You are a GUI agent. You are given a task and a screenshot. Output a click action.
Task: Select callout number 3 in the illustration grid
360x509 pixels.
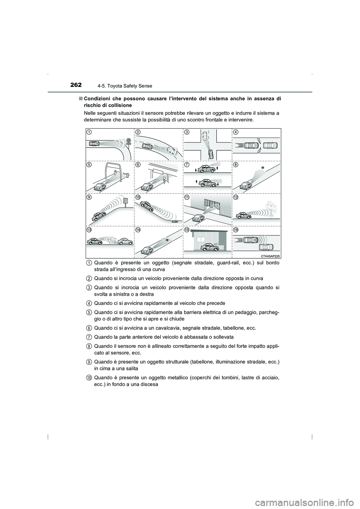pyautogui.click(x=187, y=132)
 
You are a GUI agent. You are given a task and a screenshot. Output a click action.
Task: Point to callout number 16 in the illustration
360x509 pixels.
pyautogui.click(x=235, y=230)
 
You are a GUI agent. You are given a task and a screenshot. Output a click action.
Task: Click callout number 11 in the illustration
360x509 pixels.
pyautogui.click(x=187, y=197)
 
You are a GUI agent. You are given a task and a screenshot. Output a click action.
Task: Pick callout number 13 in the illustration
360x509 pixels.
pyautogui.click(x=89, y=230)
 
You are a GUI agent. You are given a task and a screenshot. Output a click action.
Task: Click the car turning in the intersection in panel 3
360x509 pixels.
pyautogui.click(x=210, y=154)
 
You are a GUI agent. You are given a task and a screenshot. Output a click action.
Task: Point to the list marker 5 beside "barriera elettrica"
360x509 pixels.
pyautogui.click(x=87, y=312)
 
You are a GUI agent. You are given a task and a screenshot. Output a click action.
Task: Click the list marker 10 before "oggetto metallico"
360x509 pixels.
pyautogui.click(x=87, y=377)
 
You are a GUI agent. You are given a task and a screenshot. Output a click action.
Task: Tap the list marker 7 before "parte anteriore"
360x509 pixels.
pyautogui.click(x=87, y=337)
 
